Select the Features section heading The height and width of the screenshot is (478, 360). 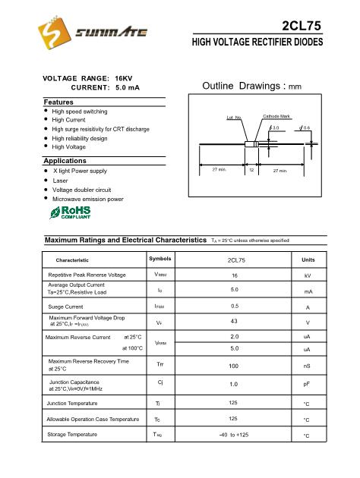pos(58,101)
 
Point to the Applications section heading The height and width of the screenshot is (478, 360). pos(65,161)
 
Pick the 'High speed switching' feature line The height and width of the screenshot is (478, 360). pos(80,111)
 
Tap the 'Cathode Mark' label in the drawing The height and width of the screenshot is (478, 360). pos(276,115)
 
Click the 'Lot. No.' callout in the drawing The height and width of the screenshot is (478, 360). pos(234,118)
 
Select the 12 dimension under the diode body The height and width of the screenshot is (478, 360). pos(251,171)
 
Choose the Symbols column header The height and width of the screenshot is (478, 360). pos(159,259)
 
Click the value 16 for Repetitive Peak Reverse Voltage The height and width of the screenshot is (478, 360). pos(235,275)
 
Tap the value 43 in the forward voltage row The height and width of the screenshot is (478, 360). pos(235,322)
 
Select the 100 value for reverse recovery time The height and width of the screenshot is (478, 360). pos(235,366)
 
